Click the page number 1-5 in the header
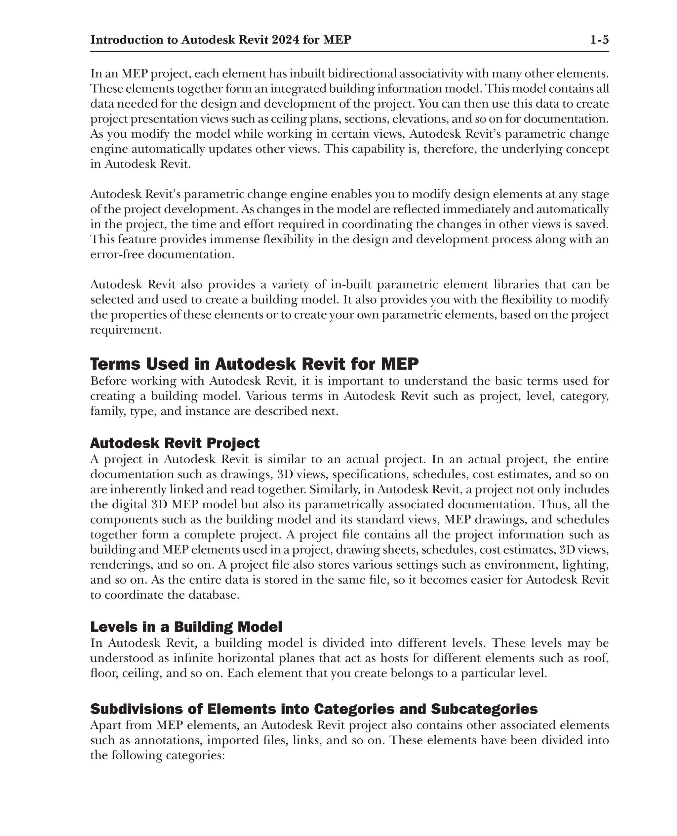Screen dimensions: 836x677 coord(599,40)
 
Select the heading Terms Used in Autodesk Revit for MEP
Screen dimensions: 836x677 coord(254,364)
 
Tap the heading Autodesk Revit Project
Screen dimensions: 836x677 coord(175,443)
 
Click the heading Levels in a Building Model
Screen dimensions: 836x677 coord(186,627)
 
